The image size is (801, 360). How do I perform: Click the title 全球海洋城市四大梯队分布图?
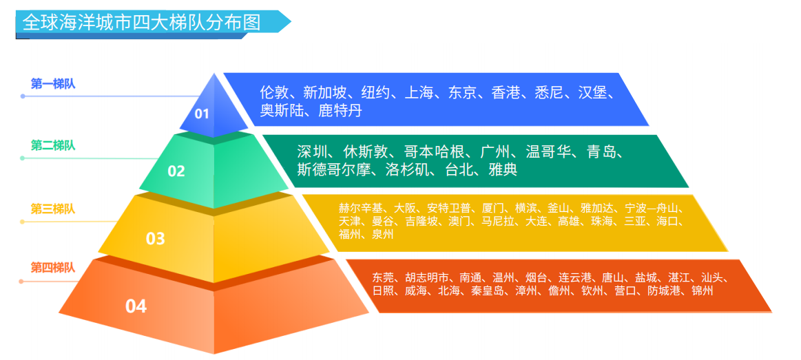click(x=142, y=23)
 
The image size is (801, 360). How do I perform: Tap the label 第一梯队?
click(x=53, y=83)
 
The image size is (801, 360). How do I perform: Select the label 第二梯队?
click(x=53, y=145)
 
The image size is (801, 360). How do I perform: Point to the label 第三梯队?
click(x=53, y=209)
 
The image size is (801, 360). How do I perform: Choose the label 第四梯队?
click(x=53, y=267)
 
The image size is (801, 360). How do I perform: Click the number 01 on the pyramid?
click(x=201, y=114)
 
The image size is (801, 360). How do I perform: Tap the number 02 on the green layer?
click(x=176, y=171)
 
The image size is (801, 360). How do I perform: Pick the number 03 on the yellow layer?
click(x=156, y=239)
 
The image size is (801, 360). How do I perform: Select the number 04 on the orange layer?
click(x=136, y=306)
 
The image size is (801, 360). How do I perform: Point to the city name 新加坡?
click(x=324, y=92)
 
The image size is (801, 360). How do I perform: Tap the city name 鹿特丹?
click(x=340, y=110)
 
